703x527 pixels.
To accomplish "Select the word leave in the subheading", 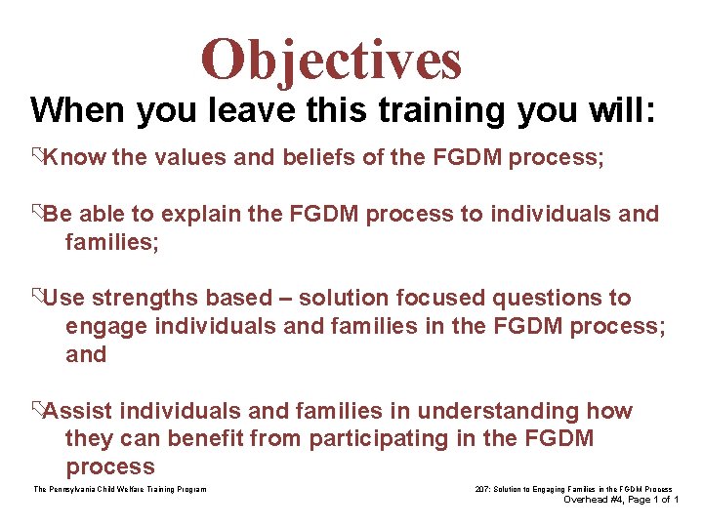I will point(257,109).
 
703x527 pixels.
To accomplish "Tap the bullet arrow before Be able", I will point(36,214).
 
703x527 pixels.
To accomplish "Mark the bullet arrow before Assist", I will point(36,411).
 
